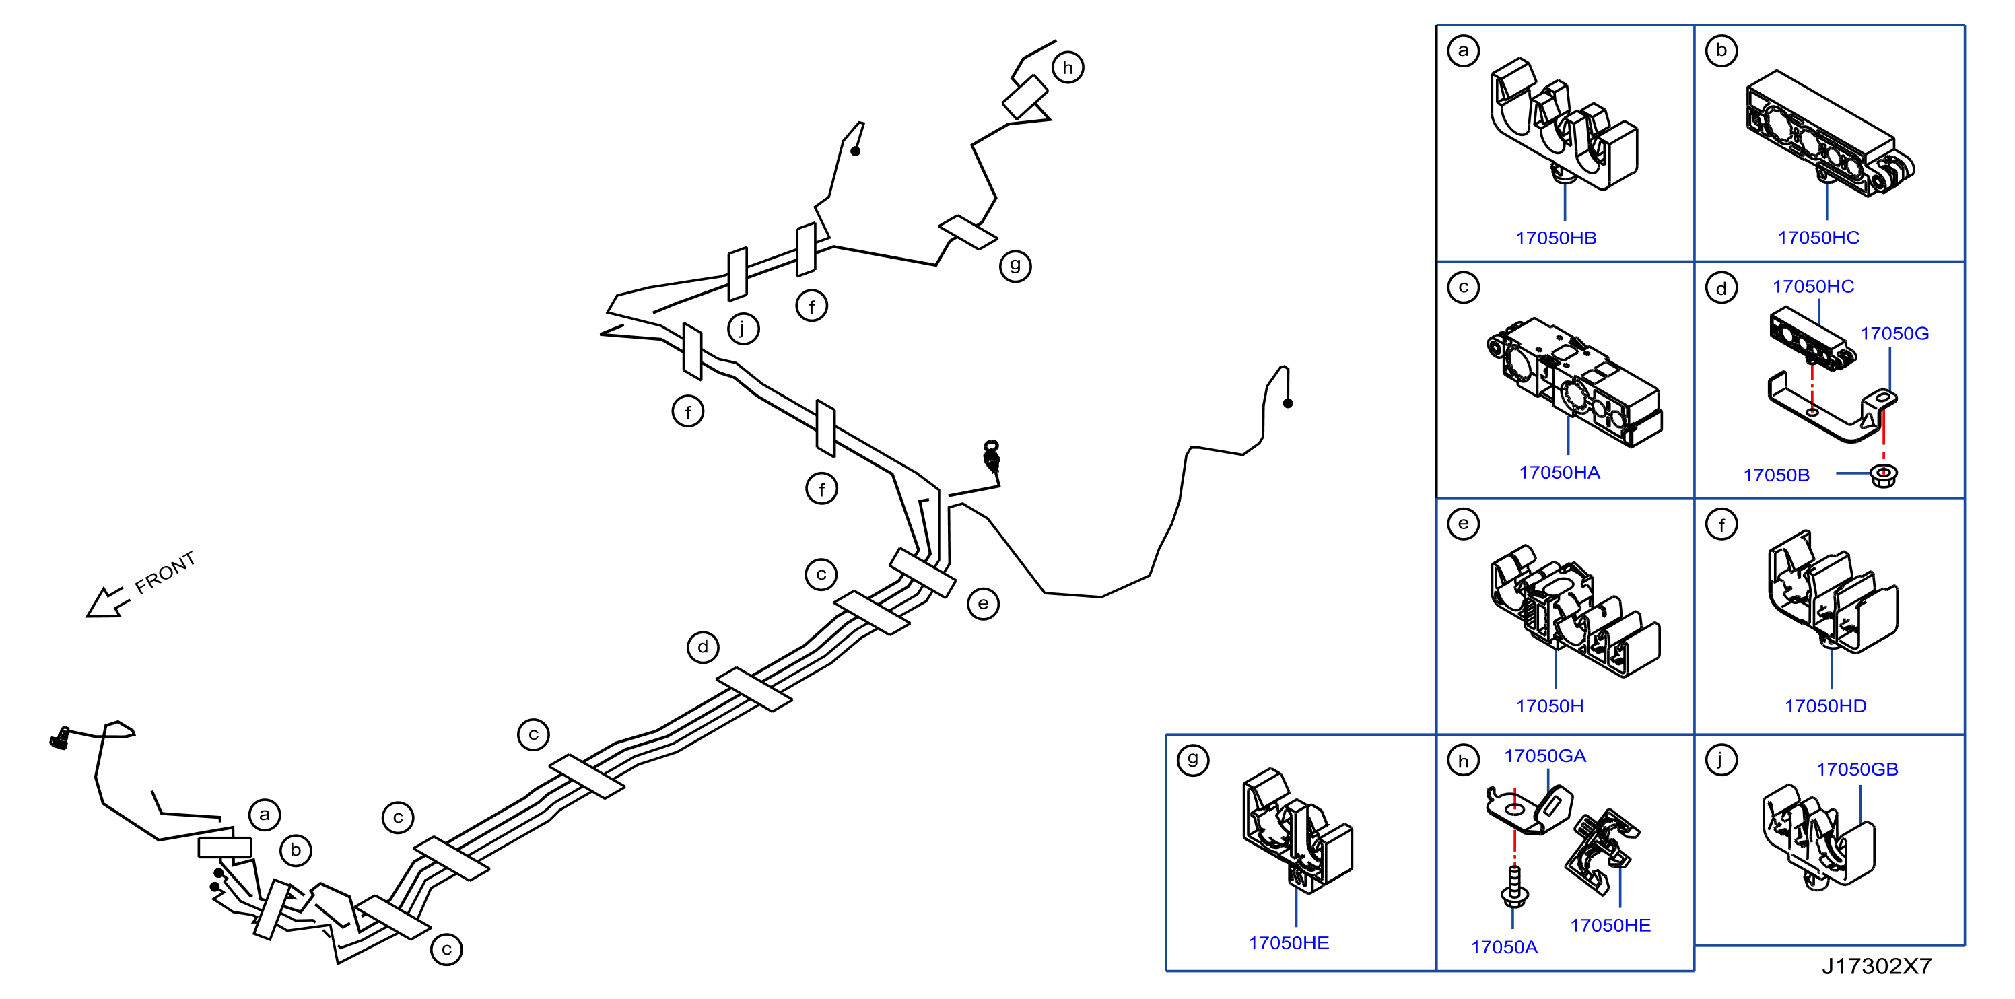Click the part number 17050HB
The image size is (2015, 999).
point(1556,238)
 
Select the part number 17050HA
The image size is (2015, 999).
point(1559,473)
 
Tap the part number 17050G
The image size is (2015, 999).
point(1894,334)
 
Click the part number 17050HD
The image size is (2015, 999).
point(1825,706)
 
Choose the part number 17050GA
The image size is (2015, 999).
point(1545,757)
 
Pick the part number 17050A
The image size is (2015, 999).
point(1503,947)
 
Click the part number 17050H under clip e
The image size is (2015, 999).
point(1550,706)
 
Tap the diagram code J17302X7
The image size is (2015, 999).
point(1876,967)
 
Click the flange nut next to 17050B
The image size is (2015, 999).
point(1884,475)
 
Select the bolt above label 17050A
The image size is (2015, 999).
point(1514,887)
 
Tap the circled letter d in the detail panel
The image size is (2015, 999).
point(1721,289)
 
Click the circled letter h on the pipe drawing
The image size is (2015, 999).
point(1068,68)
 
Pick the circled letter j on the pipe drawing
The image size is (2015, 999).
point(743,329)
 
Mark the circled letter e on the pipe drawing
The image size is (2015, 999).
point(983,604)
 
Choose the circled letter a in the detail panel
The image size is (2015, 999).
point(1464,51)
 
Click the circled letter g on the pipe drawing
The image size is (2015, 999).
point(1015,266)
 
